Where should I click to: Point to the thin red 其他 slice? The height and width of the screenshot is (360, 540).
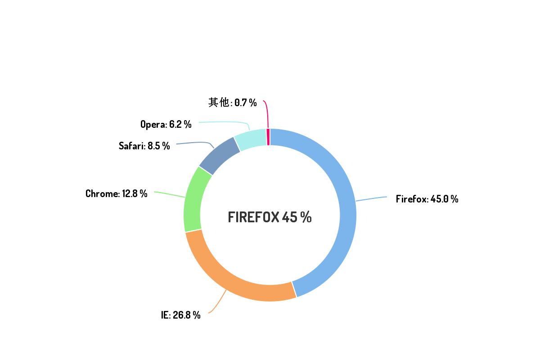(x=269, y=137)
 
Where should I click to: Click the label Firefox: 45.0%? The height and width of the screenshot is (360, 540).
(x=427, y=199)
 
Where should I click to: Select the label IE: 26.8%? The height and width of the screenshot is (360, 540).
(x=181, y=315)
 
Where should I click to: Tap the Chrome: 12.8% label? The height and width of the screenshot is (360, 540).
(x=117, y=194)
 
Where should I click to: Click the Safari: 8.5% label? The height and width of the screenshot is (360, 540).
(x=144, y=146)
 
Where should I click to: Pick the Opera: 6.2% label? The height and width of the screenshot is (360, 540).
(x=166, y=125)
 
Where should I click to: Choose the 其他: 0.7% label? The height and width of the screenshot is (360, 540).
(x=232, y=103)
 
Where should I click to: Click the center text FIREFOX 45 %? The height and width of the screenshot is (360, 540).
(x=270, y=217)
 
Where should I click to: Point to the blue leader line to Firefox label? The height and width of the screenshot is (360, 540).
(x=372, y=198)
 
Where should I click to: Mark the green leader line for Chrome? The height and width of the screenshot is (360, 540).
(x=169, y=194)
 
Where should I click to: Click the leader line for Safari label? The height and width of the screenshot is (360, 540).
(x=193, y=143)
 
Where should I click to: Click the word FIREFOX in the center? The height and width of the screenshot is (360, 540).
(x=253, y=217)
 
